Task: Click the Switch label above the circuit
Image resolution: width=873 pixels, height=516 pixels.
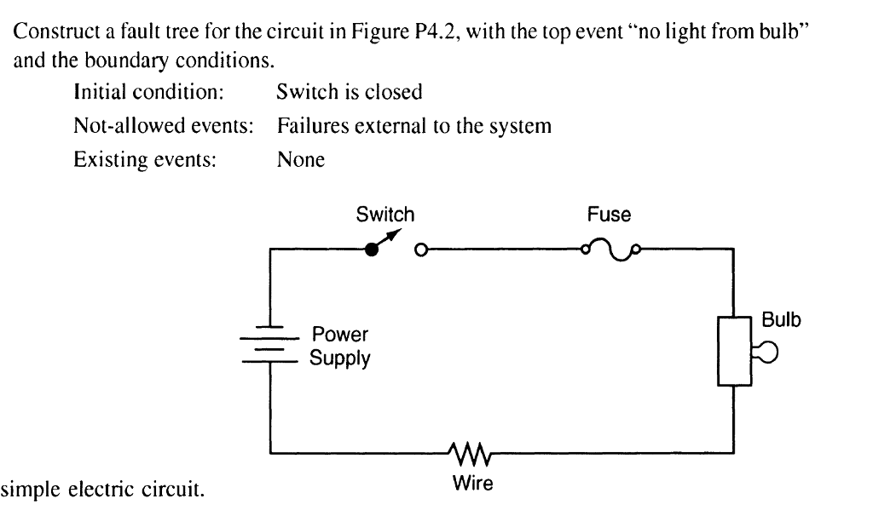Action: click(x=385, y=215)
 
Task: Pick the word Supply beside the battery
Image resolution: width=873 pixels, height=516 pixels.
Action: click(x=341, y=358)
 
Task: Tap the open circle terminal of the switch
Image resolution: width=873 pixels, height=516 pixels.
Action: click(x=420, y=249)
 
